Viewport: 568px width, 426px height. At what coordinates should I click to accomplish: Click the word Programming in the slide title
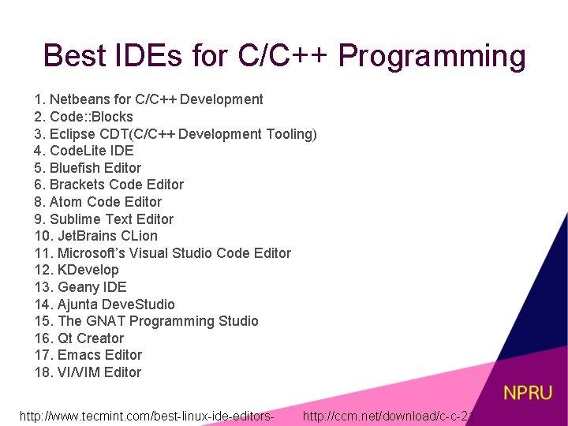432,58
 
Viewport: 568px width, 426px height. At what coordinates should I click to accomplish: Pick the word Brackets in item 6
77,185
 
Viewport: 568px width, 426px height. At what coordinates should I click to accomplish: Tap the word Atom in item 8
65,202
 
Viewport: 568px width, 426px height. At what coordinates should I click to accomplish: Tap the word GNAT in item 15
106,321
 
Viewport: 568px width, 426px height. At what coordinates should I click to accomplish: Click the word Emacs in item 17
80,355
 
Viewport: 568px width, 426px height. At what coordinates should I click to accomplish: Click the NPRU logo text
528,392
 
